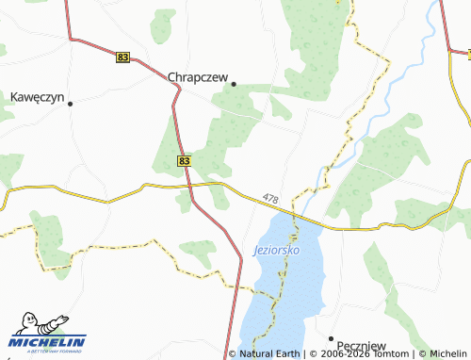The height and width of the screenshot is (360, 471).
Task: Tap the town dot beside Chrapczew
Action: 233,83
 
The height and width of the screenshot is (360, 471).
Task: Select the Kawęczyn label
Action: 35,96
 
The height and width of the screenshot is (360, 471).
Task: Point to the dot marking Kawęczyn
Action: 70,104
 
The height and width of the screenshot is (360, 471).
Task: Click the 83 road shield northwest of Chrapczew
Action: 122,57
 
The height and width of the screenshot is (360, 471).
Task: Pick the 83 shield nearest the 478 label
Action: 184,161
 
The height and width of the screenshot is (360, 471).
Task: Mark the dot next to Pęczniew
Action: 331,337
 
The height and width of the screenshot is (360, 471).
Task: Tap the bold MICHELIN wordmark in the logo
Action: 48,342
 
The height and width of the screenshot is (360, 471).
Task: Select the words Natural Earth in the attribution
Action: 268,354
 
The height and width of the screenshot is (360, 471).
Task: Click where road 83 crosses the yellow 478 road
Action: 192,186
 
